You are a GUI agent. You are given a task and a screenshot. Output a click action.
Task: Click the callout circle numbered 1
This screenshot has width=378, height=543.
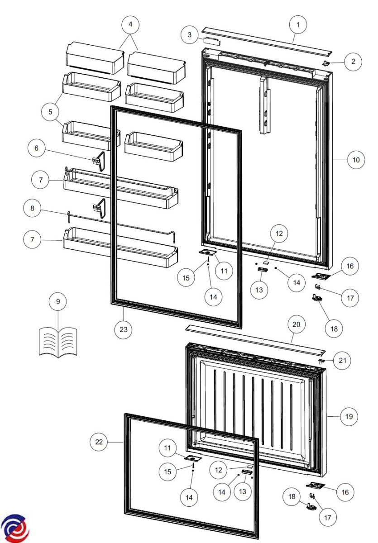pos(298,24)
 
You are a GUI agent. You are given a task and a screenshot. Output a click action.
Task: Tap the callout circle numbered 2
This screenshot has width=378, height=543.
pos(353,62)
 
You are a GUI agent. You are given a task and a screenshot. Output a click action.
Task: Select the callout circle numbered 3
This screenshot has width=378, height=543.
pos(190,35)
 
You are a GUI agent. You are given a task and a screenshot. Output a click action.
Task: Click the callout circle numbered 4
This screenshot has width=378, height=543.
pos(130,24)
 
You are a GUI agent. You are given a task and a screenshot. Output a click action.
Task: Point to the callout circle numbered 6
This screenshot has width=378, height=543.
pos(36,148)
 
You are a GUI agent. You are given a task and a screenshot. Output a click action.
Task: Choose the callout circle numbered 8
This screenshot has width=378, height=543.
pos(32,208)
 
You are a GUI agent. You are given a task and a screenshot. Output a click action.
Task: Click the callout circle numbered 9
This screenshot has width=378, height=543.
pos(58,301)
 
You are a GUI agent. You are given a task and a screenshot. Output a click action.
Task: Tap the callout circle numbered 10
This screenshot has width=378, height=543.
pos(356,160)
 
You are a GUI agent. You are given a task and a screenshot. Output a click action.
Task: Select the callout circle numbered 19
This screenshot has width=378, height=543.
pos(349,416)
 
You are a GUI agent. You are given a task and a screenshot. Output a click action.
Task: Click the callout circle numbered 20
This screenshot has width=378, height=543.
pos(297,324)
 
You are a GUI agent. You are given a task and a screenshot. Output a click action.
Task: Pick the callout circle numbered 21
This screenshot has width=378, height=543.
pos(342,361)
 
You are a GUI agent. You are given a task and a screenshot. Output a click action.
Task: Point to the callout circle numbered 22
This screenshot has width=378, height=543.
pos(99,442)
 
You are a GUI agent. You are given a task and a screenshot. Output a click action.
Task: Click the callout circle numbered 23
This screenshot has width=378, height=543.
pos(124,329)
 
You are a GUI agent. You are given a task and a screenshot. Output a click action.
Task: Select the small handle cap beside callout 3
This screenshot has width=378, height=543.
pos(212,40)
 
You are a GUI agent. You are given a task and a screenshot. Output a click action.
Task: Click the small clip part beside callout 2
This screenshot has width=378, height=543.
pos(326,63)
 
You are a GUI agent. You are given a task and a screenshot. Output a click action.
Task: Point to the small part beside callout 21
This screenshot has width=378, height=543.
pos(321,361)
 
